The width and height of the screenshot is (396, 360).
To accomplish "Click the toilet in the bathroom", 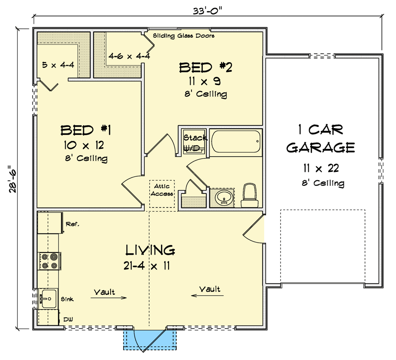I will click(x=249, y=196).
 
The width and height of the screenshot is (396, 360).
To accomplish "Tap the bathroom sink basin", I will click(x=223, y=198).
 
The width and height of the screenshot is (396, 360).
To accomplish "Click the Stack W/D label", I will click(x=195, y=143).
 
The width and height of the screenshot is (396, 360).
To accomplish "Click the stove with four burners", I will click(x=49, y=261).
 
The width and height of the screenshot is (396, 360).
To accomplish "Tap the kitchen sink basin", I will click(x=48, y=298).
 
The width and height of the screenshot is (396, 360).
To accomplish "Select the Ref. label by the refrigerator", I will click(x=72, y=223).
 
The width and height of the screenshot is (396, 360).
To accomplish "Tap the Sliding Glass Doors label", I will click(x=183, y=36).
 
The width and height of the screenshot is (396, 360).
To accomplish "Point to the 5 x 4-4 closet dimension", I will click(x=58, y=65).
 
